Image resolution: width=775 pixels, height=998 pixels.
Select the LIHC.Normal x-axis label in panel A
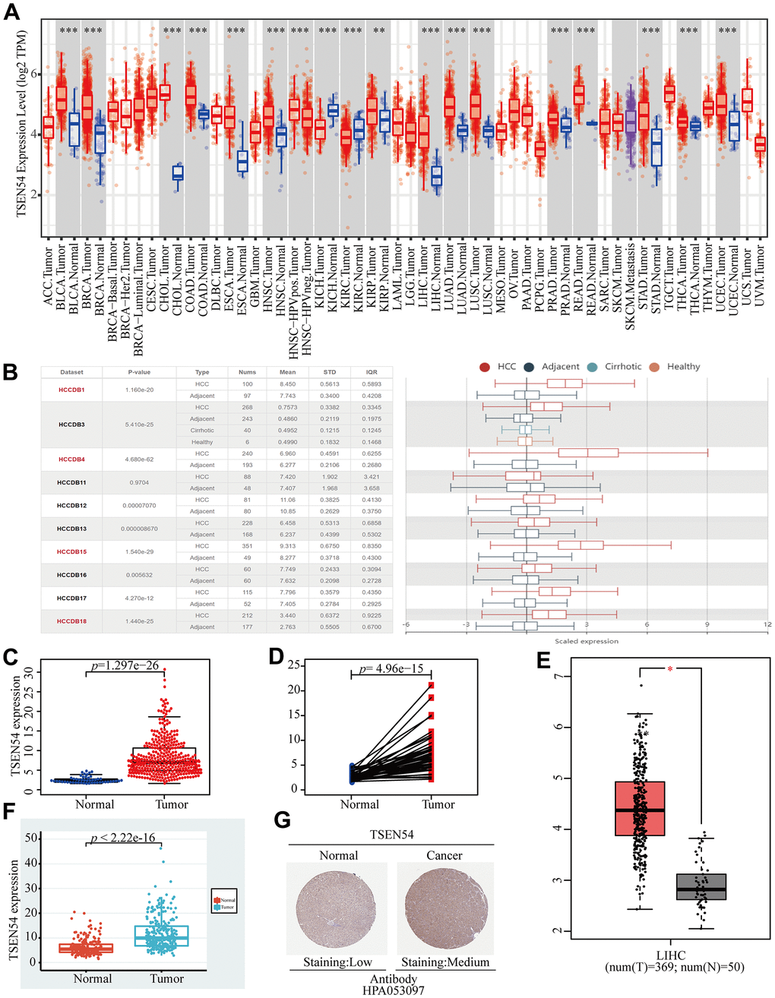(437, 284)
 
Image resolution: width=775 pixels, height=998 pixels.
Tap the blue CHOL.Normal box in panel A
(178, 173)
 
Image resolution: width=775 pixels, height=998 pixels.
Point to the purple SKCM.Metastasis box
(630, 122)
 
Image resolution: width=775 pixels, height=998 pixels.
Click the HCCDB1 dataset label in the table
(71, 390)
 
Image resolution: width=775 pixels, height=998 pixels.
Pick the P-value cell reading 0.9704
(139, 482)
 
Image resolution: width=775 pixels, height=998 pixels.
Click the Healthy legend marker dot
(654, 367)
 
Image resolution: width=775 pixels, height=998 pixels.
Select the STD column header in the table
(329, 372)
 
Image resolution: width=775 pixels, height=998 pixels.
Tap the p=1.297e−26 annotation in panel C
(125, 666)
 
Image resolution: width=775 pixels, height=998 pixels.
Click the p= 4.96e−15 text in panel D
(391, 668)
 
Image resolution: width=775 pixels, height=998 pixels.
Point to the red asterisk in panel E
(670, 669)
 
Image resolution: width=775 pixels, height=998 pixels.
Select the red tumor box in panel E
(640, 808)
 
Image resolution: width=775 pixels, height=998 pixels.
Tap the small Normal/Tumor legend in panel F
(224, 903)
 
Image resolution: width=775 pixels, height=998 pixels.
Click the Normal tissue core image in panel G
(331, 908)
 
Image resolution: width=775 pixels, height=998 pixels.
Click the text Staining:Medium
(445, 962)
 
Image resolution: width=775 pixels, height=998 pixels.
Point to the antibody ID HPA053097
(394, 990)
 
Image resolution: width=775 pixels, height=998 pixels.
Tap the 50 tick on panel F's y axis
(32, 839)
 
